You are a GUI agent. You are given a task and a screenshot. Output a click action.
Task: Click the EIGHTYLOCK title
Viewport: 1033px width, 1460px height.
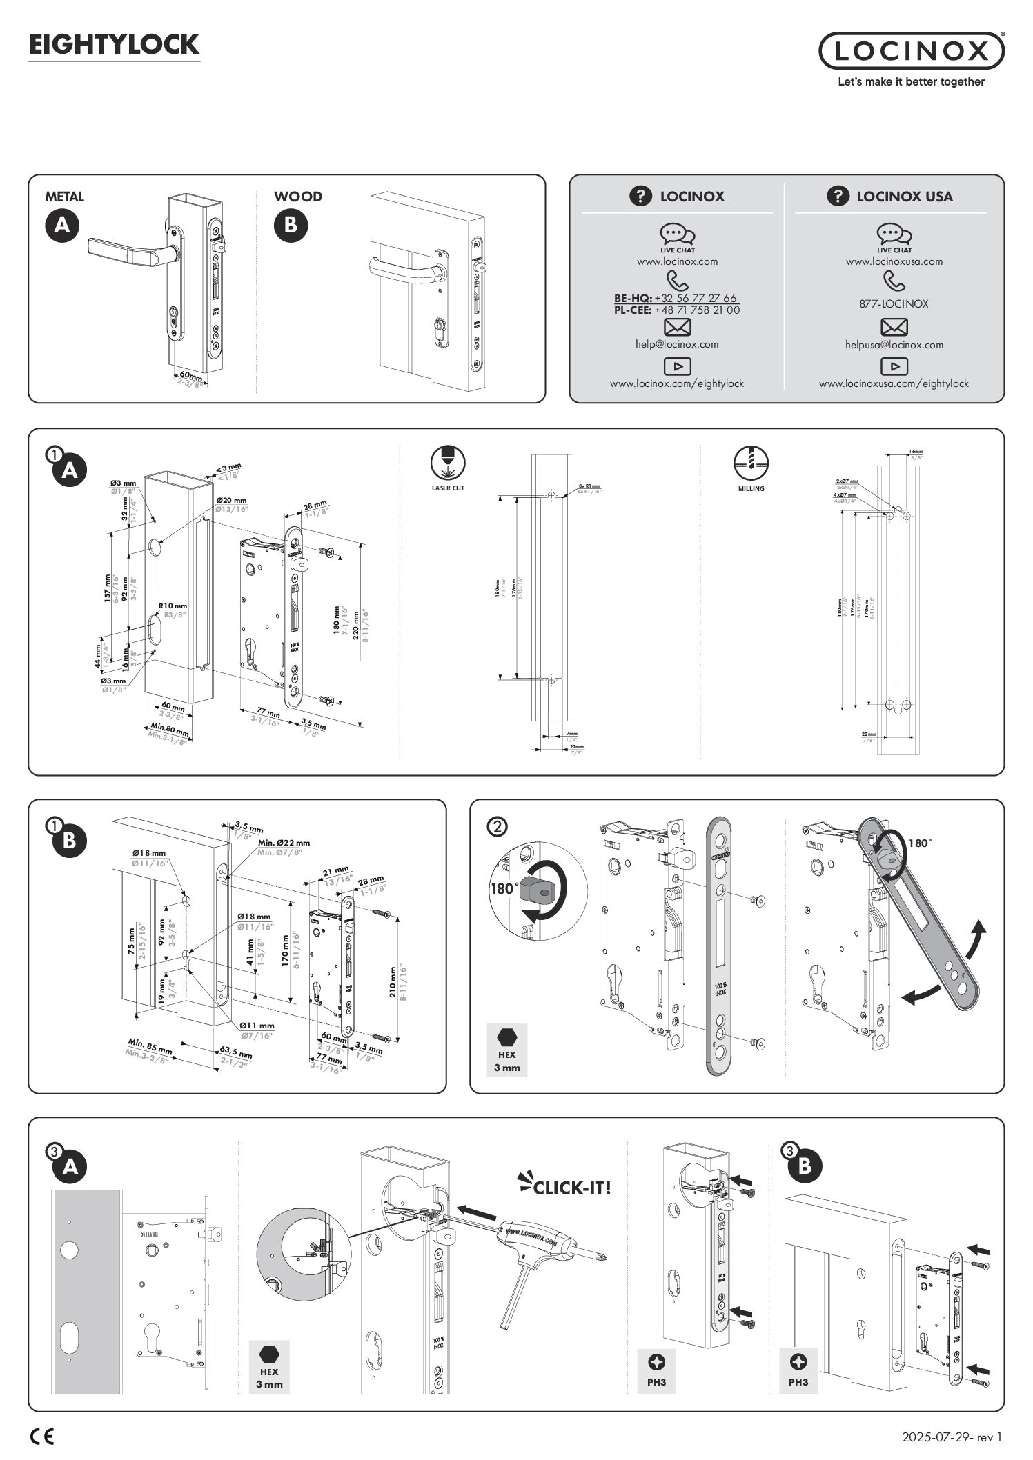point(114,45)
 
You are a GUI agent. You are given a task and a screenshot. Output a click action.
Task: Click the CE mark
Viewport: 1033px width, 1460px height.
point(42,1437)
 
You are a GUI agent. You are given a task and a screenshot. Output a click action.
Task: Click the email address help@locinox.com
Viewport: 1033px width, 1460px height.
point(677,344)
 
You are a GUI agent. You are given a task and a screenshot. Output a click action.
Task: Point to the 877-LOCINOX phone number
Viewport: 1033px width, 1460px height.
point(894,303)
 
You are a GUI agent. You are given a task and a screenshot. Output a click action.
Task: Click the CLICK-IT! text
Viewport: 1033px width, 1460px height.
point(572,1187)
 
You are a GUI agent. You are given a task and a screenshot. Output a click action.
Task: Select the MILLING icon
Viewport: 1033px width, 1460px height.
point(751,461)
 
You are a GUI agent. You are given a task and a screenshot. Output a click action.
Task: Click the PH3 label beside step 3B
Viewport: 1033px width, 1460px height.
point(798,1382)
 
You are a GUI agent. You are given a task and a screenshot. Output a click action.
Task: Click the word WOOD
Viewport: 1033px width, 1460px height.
point(298,197)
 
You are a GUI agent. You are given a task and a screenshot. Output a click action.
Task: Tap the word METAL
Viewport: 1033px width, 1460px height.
point(64,197)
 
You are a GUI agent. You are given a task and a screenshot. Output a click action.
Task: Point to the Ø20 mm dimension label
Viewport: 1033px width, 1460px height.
point(230,501)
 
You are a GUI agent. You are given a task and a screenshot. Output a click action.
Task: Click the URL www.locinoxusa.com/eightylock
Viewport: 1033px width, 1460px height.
point(894,383)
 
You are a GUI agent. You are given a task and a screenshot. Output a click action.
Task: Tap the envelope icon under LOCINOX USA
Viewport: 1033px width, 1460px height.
point(894,327)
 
